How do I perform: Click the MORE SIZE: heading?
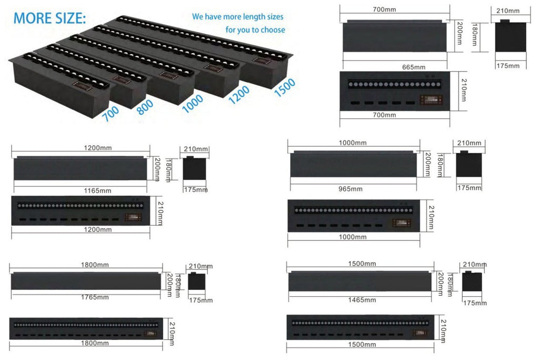[x=49, y=18]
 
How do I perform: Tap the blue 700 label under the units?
[x=111, y=114]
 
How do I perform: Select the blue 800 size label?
[x=145, y=107]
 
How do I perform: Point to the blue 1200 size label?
[x=239, y=95]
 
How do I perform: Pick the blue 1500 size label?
[x=285, y=87]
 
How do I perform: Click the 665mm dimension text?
[x=414, y=67]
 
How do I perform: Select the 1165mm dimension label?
[x=97, y=191]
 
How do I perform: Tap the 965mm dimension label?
[x=350, y=189]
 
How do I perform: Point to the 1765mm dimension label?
[x=95, y=297]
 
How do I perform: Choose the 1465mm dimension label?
[x=362, y=300]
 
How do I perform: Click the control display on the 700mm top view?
[x=431, y=99]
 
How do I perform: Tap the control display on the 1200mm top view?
[x=133, y=217]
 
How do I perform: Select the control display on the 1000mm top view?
[x=402, y=223]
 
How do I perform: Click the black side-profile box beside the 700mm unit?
[x=511, y=36]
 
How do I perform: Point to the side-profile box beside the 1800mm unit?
[x=197, y=281]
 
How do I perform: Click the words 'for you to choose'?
[x=255, y=30]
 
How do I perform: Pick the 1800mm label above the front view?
[x=95, y=265]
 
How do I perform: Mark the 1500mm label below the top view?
[x=362, y=344]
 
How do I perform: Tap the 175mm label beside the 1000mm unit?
[x=469, y=188]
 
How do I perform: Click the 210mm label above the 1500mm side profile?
[x=475, y=264]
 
